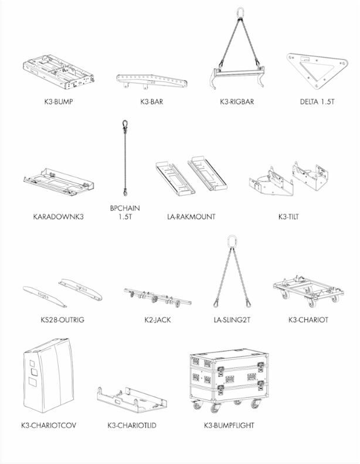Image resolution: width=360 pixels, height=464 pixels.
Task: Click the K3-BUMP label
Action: pos(59,101)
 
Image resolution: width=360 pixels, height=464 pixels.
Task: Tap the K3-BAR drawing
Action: pos(152,81)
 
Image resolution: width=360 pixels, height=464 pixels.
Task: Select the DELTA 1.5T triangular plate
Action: pos(317,70)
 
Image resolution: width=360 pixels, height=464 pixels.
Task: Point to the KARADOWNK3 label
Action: pos(58,217)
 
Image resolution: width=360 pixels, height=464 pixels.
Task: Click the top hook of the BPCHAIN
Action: pos(125,124)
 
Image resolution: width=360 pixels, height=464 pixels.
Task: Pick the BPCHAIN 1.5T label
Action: pos(125,213)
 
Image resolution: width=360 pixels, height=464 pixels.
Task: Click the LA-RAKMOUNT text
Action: pos(191,217)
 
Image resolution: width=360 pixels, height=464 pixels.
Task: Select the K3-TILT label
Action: pos(288,217)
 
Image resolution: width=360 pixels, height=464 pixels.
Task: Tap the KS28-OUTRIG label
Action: pos(63,320)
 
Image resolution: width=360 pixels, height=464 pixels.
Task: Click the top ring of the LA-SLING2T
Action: pos(232,241)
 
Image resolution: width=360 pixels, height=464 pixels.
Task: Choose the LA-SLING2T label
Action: pos(232,320)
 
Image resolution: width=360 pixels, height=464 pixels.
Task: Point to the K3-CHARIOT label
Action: pos(308,320)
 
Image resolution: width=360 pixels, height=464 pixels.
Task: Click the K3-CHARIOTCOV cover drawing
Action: pos(48,375)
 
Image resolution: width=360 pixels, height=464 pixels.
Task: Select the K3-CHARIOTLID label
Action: pos(132,425)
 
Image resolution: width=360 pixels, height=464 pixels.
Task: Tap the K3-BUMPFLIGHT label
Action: pos(229,425)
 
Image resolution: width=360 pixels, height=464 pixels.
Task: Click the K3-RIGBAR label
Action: pos(237,101)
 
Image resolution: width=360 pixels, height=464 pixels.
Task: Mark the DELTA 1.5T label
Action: pos(317,101)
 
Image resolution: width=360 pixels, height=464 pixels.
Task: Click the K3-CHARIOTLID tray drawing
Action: pos(132,400)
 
